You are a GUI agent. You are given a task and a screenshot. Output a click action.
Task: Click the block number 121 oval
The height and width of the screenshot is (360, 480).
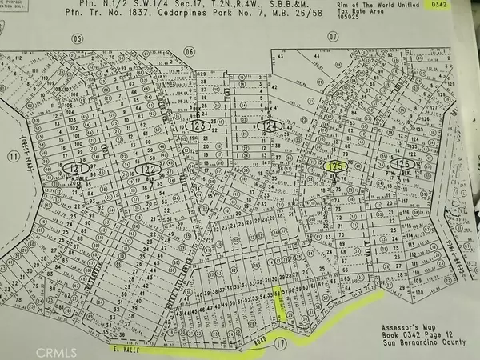[x=77, y=170]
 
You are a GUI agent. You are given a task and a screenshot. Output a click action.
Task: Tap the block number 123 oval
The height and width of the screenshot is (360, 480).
[x=198, y=126]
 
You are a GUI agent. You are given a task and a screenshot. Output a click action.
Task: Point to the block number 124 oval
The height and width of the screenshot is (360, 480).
[x=270, y=126]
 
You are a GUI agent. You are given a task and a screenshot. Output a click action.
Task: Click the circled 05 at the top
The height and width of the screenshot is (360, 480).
[x=78, y=38]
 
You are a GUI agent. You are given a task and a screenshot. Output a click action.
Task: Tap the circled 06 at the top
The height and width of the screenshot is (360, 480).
[x=190, y=51]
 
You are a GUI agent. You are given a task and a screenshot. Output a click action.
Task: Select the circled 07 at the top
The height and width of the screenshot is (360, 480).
[x=334, y=37]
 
